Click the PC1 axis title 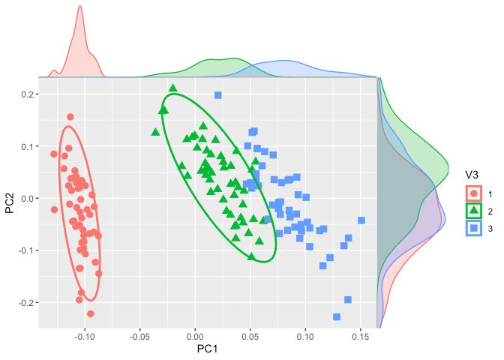coord(207,349)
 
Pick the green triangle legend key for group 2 coord(471,210)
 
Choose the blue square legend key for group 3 coord(471,228)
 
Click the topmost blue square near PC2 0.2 coord(218,95)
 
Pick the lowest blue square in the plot coord(337,316)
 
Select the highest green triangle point coord(173,88)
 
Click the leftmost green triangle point coord(155,132)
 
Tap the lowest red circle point coord(91,313)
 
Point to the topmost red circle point coord(70,117)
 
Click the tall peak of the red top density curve coord(79,9)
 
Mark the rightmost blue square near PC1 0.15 coord(361,220)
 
